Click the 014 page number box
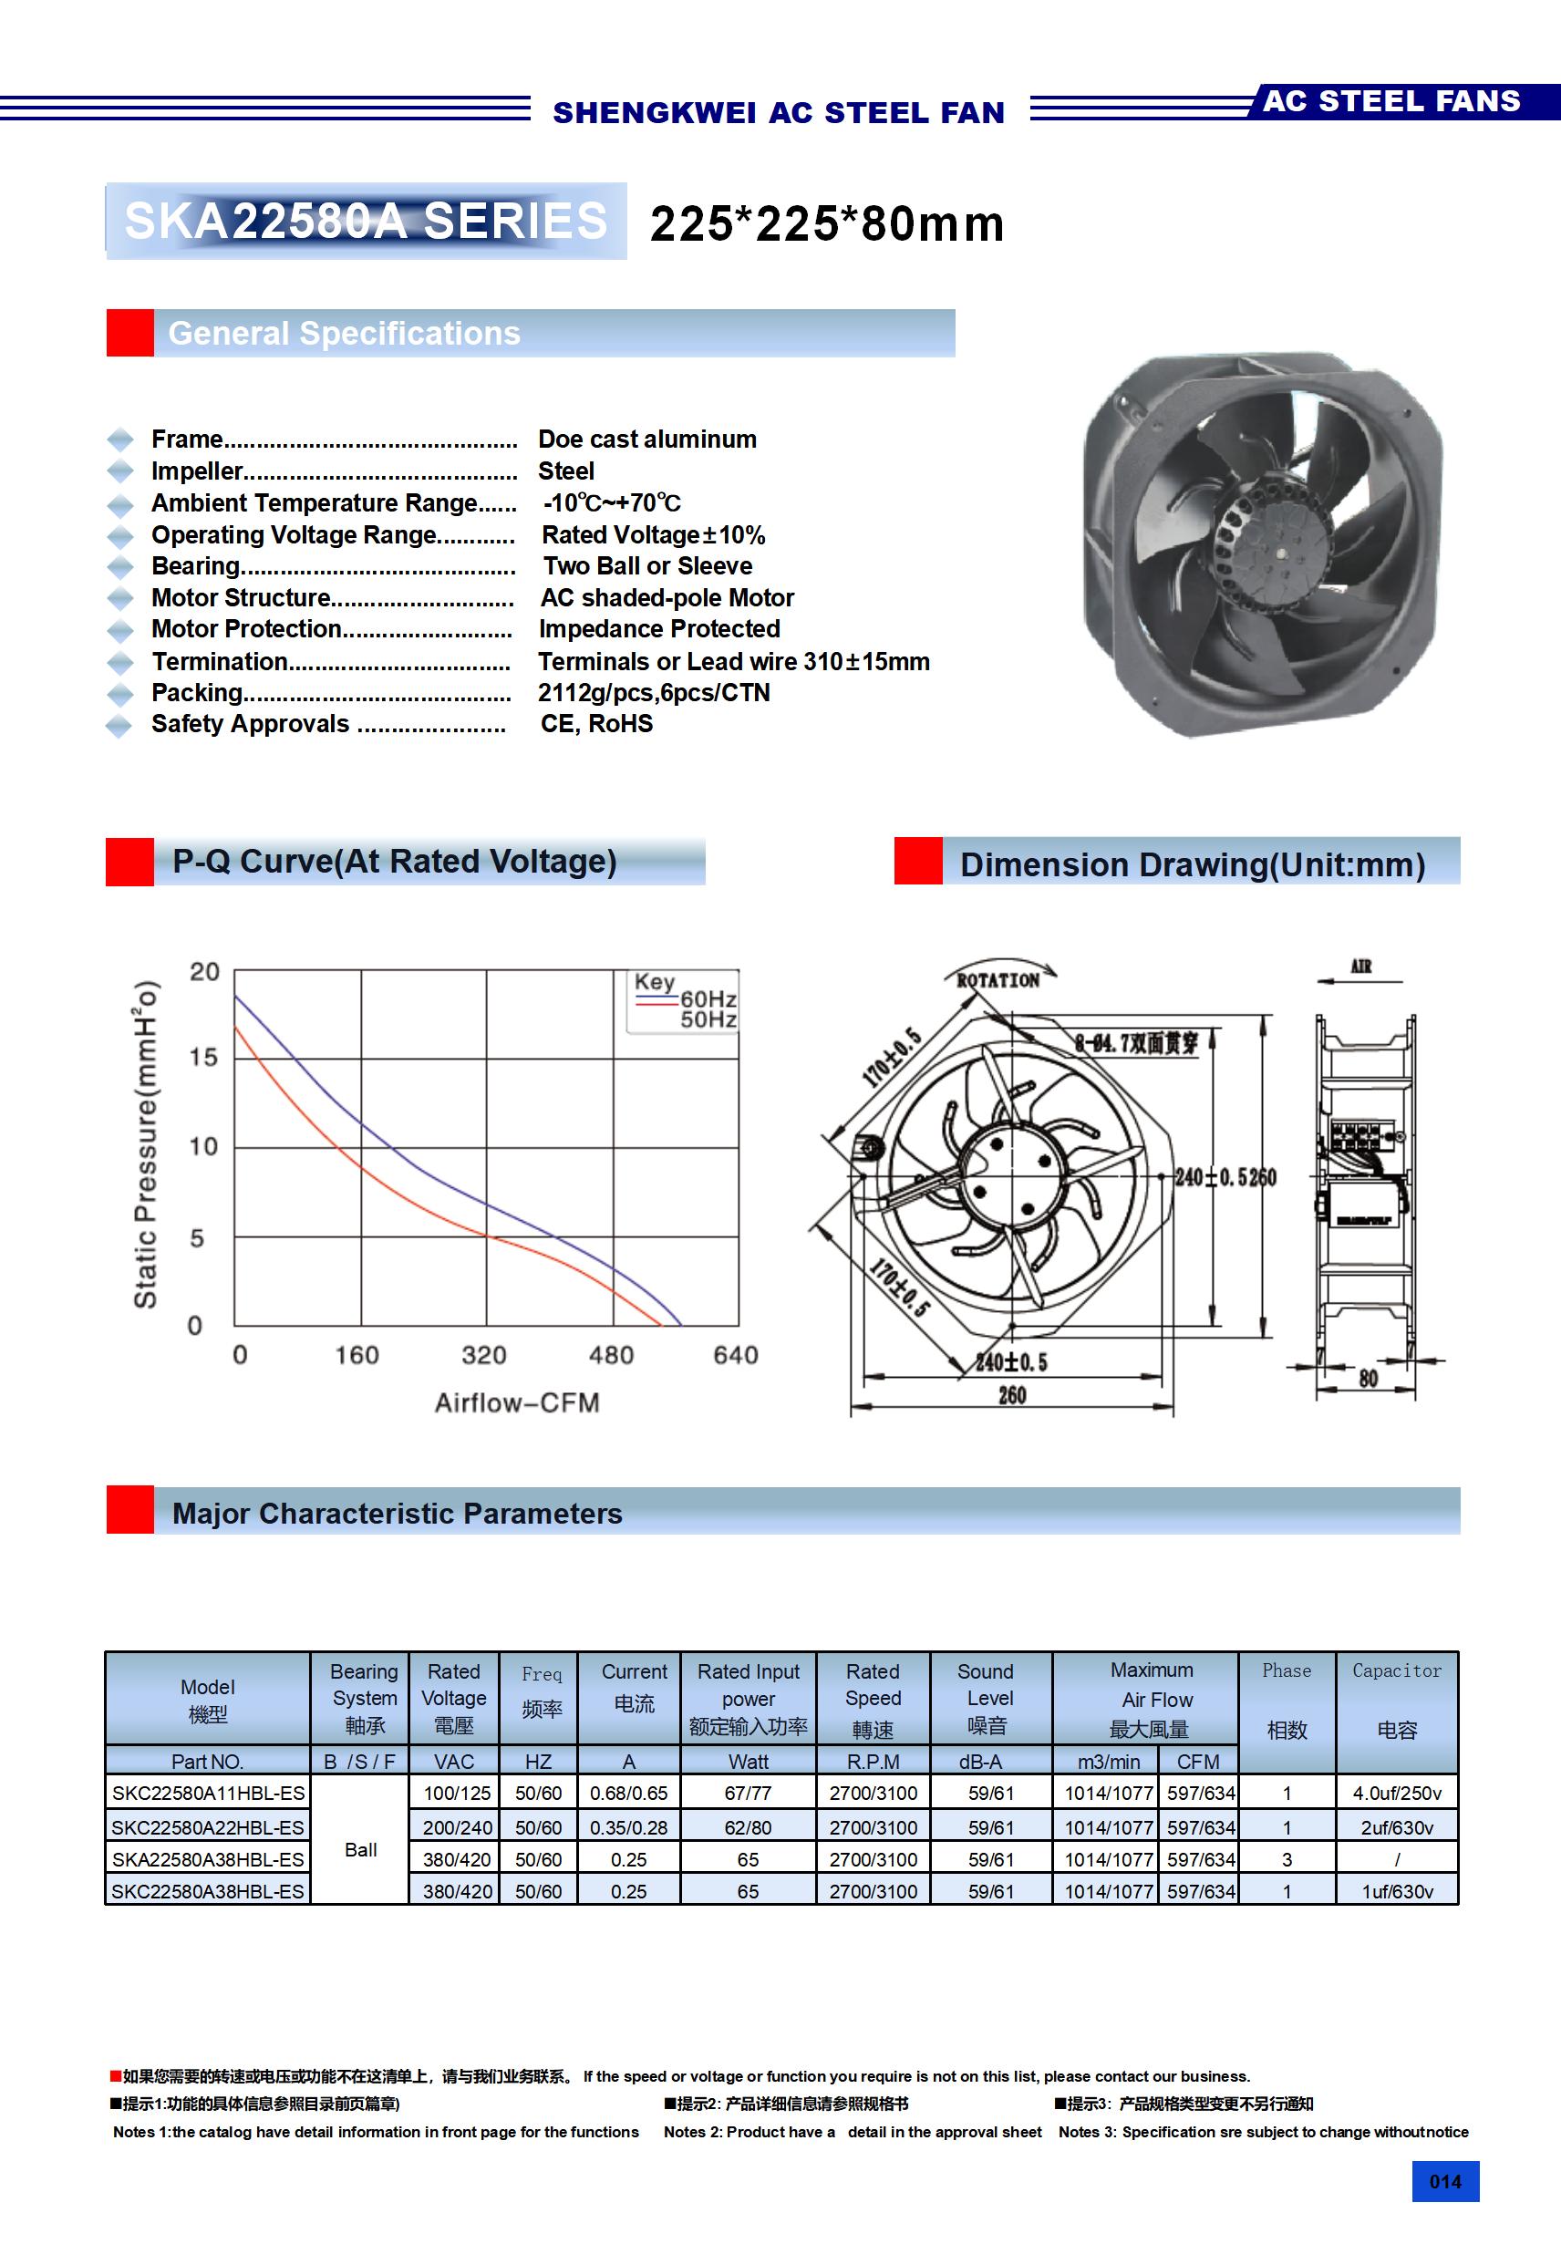(x=1444, y=2181)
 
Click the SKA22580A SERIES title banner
(x=366, y=221)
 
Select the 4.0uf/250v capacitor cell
(x=1397, y=1794)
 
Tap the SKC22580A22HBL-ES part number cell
(x=208, y=1826)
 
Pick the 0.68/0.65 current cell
(x=628, y=1794)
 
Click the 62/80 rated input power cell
(x=748, y=1826)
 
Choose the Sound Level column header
(x=990, y=1698)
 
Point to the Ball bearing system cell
(x=361, y=1849)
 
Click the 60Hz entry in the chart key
(x=708, y=998)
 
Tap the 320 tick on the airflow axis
(x=484, y=1355)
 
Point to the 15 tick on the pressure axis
(x=203, y=1058)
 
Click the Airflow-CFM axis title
(x=517, y=1402)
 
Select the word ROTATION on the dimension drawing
(x=997, y=980)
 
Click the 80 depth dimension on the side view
(x=1368, y=1378)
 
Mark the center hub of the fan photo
(x=1281, y=553)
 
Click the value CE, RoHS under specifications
(x=596, y=724)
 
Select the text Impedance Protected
(x=659, y=629)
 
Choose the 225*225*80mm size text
(x=827, y=223)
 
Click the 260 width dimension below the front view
(x=1012, y=1396)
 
